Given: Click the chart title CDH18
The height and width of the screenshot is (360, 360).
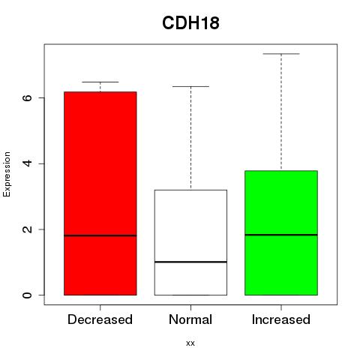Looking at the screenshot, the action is coord(190,23).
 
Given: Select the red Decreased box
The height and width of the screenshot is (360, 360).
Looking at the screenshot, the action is coord(100,193).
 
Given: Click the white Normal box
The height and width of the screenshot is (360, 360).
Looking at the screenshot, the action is coord(190,242).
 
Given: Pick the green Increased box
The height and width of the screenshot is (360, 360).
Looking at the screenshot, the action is coord(281,232).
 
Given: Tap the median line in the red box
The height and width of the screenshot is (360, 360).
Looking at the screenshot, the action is coord(100,235).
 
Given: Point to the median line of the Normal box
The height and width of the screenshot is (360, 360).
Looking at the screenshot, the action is coord(190,262).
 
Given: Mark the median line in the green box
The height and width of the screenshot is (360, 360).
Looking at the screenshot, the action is coord(281,235).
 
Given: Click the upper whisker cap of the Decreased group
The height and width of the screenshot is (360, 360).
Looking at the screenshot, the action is coord(100,82).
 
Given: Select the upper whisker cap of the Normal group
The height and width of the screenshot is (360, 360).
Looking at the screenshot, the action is coord(190,86).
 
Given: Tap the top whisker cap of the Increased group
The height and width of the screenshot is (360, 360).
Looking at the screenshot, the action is coord(281,54).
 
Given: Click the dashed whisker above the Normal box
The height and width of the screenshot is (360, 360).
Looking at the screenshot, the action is coord(191,138).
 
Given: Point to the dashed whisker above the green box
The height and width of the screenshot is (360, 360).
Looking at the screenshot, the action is coord(281,112).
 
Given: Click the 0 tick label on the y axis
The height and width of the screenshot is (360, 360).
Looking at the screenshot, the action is coord(27,295).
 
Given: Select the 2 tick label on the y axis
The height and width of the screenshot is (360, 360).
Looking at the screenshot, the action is coord(27,229).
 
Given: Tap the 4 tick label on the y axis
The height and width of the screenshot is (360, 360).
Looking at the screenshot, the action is coord(27,163).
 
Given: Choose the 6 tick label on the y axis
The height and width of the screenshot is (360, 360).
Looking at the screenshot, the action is coord(27,97).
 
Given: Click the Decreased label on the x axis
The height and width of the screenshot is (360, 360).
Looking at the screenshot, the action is coord(100,319).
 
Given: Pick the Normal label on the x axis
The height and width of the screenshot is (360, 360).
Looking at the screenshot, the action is coord(190,319).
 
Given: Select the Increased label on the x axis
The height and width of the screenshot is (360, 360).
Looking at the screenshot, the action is coord(281,319).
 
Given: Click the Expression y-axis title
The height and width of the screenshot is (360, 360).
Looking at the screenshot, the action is coord(7,174).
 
